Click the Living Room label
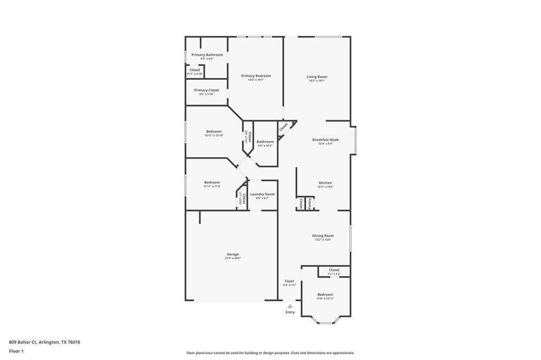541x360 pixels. (x=317, y=77)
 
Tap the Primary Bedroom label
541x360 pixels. (x=256, y=76)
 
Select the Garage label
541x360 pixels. (x=233, y=254)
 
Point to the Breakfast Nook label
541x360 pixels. (x=325, y=140)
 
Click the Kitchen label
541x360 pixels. (x=325, y=183)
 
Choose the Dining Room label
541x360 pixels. (x=323, y=236)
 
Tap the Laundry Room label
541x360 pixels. (x=262, y=194)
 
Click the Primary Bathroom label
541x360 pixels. (x=207, y=55)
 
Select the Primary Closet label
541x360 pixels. (x=206, y=90)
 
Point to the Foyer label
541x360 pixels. (x=290, y=281)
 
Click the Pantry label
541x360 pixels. (x=310, y=203)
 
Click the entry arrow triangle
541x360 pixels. (x=290, y=306)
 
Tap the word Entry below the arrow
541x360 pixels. (x=290, y=312)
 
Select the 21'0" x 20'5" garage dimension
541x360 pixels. (x=233, y=258)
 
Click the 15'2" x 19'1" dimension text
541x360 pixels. (x=317, y=81)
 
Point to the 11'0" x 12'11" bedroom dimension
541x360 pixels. (x=325, y=299)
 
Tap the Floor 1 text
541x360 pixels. (x=16, y=350)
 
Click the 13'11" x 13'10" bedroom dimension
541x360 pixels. (x=214, y=136)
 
